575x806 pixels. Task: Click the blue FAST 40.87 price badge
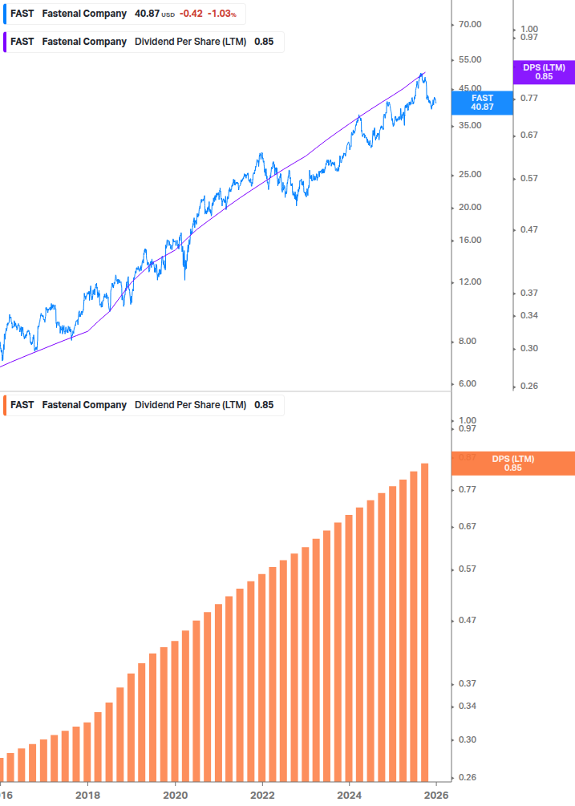pos(482,102)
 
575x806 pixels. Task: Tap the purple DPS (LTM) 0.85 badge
pos(544,72)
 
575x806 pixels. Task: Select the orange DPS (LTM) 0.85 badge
pos(512,464)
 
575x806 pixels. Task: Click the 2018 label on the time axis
pos(87,796)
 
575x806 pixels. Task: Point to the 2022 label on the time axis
pos(262,796)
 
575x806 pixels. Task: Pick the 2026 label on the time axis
pos(435,796)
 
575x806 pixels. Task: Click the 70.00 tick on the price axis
pos(469,25)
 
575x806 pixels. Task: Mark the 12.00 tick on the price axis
pos(469,282)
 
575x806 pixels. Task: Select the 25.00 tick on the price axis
pos(469,175)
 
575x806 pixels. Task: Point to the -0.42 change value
pos(191,14)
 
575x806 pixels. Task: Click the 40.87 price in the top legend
pos(146,14)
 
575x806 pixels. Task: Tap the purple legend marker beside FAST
pos(5,42)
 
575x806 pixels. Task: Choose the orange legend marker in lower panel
pos(5,405)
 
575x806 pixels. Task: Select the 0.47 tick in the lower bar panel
pos(467,621)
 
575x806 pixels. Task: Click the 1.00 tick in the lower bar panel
pos(467,421)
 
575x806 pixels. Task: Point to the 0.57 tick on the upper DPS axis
pos(528,178)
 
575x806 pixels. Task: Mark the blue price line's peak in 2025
pos(422,74)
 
